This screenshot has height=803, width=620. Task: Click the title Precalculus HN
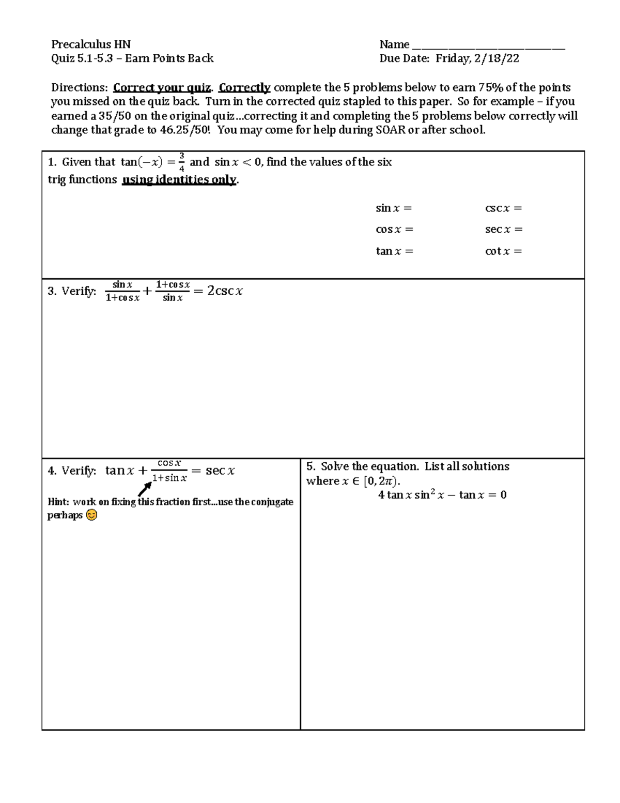click(90, 44)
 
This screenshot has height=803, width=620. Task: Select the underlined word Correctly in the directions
click(244, 87)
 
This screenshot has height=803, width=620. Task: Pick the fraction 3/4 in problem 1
click(181, 162)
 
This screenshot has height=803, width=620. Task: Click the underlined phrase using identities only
click(179, 179)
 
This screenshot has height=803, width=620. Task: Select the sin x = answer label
click(394, 208)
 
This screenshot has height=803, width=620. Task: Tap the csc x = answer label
click(503, 208)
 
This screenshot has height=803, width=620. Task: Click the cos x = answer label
click(394, 230)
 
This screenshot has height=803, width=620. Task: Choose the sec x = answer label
click(503, 230)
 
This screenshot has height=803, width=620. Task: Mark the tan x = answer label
click(394, 251)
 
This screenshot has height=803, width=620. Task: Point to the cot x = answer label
click(503, 251)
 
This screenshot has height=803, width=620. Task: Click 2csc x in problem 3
click(225, 291)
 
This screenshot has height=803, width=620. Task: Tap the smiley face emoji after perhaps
click(91, 515)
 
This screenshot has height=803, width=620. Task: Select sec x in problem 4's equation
click(220, 471)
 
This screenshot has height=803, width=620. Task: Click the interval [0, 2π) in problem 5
click(381, 481)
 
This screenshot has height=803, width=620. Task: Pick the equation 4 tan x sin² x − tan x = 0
click(442, 495)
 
